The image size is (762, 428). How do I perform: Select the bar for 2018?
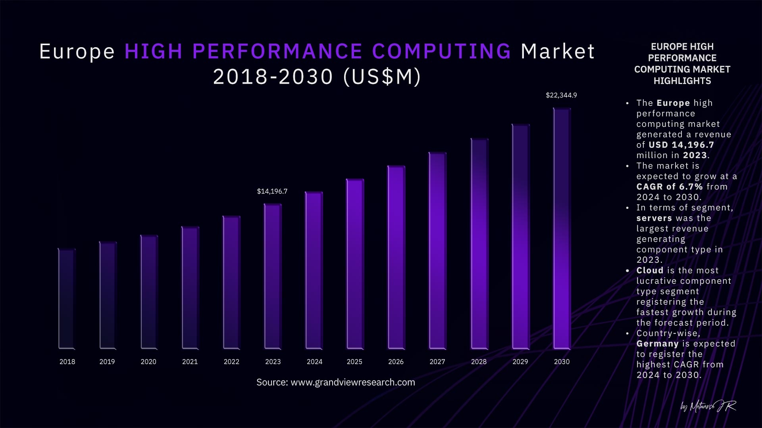tap(67, 299)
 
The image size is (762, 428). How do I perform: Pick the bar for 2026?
tap(396, 258)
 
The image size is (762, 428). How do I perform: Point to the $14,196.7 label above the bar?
tap(272, 191)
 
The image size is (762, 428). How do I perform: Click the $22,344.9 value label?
tap(561, 95)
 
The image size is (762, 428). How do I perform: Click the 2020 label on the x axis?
tap(148, 362)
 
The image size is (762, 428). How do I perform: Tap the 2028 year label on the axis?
tap(479, 362)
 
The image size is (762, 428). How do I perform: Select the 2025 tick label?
tap(354, 362)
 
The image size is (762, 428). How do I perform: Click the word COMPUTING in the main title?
tap(442, 52)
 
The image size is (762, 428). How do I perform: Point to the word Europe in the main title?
tap(77, 52)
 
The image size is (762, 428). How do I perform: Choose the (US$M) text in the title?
tap(381, 77)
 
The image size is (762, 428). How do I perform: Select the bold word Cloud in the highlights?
tap(650, 270)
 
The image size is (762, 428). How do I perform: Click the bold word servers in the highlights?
tap(654, 218)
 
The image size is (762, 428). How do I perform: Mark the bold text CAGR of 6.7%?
tap(670, 187)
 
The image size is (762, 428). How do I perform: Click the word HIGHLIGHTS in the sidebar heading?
tap(682, 81)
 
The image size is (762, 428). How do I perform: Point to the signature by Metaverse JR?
tap(708, 406)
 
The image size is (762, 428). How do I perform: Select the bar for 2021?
tap(190, 288)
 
